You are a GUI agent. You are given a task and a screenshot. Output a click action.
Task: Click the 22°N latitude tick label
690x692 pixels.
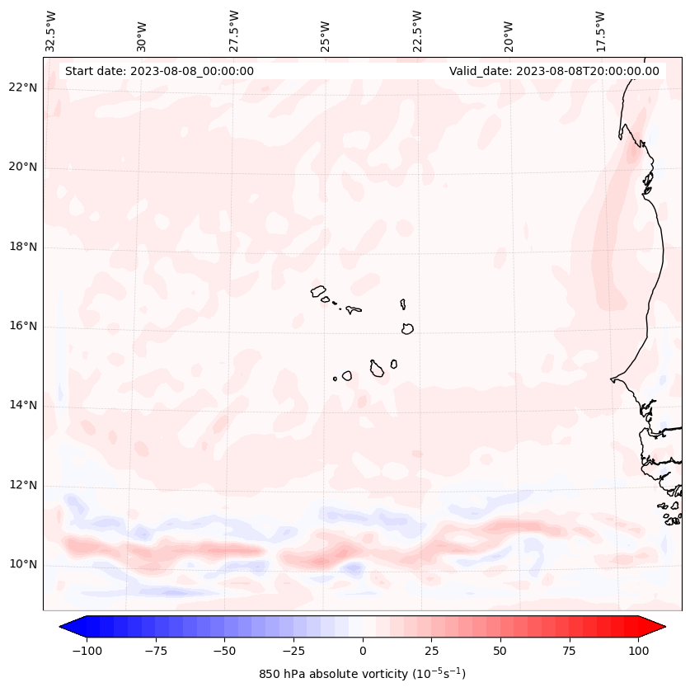(22, 88)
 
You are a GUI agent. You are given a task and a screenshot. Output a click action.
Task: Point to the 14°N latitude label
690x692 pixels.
(22, 405)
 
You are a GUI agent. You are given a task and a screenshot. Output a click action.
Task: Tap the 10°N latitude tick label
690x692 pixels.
(22, 565)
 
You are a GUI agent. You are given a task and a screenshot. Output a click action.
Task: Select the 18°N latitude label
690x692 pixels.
(22, 247)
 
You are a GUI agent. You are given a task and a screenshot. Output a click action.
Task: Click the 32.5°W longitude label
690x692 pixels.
(51, 31)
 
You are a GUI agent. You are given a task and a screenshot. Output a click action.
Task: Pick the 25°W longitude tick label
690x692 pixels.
(326, 32)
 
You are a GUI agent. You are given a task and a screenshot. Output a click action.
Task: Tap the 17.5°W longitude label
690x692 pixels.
(600, 31)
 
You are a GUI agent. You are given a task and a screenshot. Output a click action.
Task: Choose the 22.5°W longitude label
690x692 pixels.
(417, 31)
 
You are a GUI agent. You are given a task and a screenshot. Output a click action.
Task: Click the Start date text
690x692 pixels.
(159, 71)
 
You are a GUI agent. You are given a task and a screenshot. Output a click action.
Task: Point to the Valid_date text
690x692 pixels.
(554, 71)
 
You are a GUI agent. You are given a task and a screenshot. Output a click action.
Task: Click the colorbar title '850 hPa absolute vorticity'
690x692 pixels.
(362, 674)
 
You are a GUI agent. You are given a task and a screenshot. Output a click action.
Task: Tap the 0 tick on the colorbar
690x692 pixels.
(362, 651)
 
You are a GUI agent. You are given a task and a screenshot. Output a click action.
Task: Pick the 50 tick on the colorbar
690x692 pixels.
(500, 651)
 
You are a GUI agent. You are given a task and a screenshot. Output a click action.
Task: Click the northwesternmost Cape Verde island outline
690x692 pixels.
(318, 290)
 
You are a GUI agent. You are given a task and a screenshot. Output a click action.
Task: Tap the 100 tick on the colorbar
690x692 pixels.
(639, 651)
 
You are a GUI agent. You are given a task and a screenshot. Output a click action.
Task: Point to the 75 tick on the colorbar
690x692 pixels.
(570, 651)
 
